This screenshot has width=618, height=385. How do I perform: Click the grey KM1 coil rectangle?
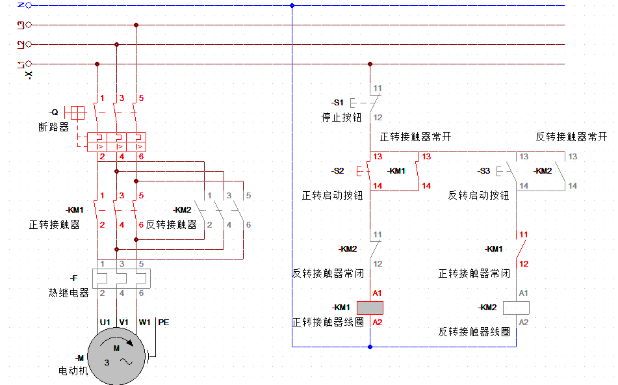coord(370,308)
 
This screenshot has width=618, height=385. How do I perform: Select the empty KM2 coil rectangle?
coord(516,308)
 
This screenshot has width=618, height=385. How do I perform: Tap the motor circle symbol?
coord(116,356)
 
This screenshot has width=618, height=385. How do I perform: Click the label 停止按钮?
coord(341,117)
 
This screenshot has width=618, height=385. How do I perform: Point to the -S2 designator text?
coord(337,171)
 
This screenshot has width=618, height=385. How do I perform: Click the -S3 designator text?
coord(483,171)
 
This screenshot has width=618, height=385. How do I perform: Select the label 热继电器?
coord(69,293)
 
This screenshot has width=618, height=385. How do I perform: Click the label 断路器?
coord(53,127)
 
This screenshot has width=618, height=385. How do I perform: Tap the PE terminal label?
coord(164,323)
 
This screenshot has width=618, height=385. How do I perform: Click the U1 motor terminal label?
coord(105,323)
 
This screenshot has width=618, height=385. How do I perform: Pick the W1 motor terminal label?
coord(144,323)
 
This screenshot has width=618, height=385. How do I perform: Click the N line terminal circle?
coord(29,5)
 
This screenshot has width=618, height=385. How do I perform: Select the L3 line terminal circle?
coord(29,25)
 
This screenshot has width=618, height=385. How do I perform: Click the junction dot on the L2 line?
coord(117,45)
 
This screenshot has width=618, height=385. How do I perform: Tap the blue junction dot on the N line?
coord(292,5)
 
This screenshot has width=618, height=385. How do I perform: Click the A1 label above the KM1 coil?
coord(377,293)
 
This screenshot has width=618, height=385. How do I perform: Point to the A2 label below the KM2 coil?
coord(523,323)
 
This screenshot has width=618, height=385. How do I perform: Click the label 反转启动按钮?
coord(478,195)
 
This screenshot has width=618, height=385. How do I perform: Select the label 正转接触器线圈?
coord(328,322)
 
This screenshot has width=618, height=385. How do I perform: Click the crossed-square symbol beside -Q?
coord(77,113)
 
